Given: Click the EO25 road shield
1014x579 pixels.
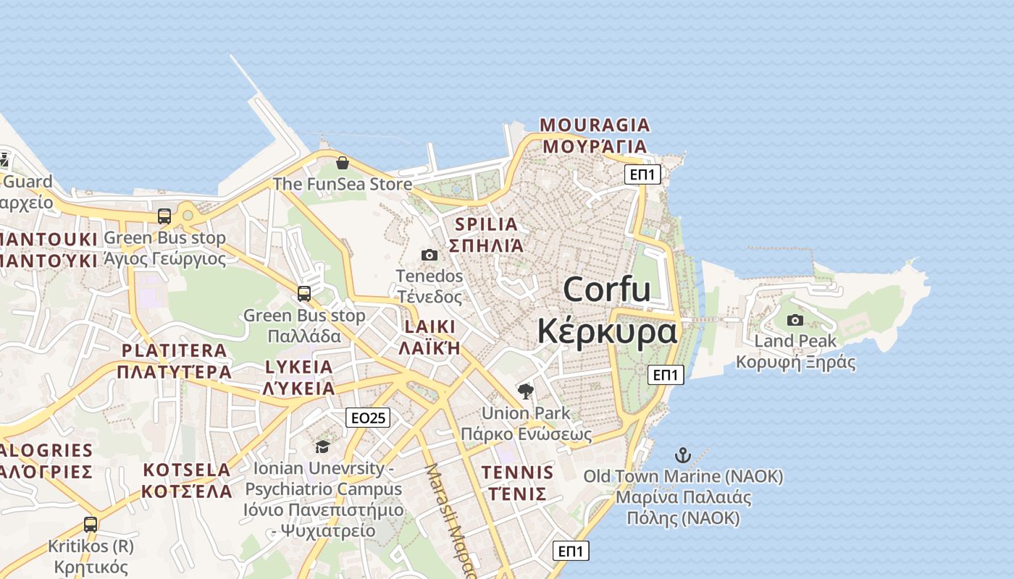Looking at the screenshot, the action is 368,418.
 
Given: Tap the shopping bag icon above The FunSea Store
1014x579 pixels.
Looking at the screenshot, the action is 343,163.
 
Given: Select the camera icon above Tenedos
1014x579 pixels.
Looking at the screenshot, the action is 430,255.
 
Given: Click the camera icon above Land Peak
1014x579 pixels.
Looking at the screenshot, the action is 795,320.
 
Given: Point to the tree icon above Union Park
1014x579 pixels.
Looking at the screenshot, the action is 526,392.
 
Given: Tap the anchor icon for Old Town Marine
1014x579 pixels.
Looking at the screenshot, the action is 682,455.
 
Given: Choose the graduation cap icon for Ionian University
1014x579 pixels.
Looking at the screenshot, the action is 322,447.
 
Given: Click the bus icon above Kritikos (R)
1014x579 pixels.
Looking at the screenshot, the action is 91,525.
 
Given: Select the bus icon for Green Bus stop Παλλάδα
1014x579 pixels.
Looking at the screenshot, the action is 304,294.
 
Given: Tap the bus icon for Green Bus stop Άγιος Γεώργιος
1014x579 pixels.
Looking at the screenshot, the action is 164,216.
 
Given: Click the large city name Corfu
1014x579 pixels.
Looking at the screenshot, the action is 607,290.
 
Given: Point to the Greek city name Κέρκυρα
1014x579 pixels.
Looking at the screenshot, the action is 607,331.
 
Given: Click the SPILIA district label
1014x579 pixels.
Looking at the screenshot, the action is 487,224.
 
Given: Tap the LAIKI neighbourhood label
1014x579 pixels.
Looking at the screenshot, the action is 430,326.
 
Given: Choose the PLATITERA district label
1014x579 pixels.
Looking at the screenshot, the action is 175,351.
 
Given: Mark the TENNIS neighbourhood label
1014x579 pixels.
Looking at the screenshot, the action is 517,473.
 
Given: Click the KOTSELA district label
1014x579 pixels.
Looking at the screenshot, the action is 187,470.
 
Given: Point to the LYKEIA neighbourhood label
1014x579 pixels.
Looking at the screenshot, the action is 299,367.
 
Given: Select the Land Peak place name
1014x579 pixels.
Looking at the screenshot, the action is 795,341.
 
